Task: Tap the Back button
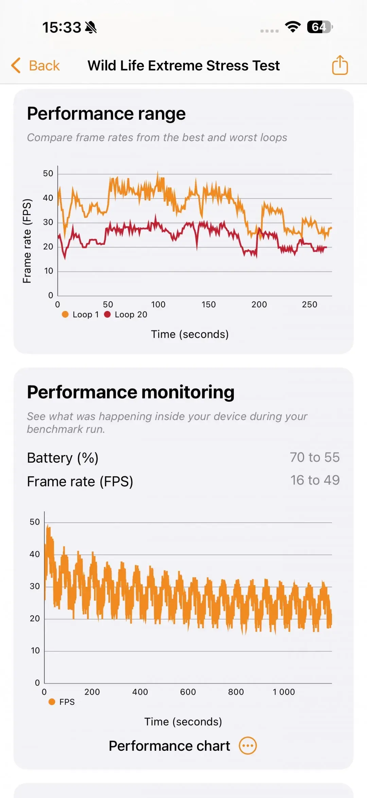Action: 36,65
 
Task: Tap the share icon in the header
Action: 340,65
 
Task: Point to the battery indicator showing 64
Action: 319,27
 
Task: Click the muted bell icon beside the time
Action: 91,27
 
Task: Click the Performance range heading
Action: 106,114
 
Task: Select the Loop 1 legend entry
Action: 81,315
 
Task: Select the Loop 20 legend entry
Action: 126,315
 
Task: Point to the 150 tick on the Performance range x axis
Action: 208,304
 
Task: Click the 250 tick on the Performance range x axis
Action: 309,304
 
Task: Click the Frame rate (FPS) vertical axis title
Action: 27,241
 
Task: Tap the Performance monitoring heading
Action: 130,392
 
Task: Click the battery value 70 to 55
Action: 315,458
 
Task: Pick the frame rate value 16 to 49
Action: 315,480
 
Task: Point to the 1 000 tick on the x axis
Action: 283,692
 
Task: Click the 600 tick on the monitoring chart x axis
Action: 188,692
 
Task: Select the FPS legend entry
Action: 62,702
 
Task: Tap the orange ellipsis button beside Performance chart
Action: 248,746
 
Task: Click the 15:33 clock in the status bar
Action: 62,27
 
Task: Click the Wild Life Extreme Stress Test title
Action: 183,65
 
